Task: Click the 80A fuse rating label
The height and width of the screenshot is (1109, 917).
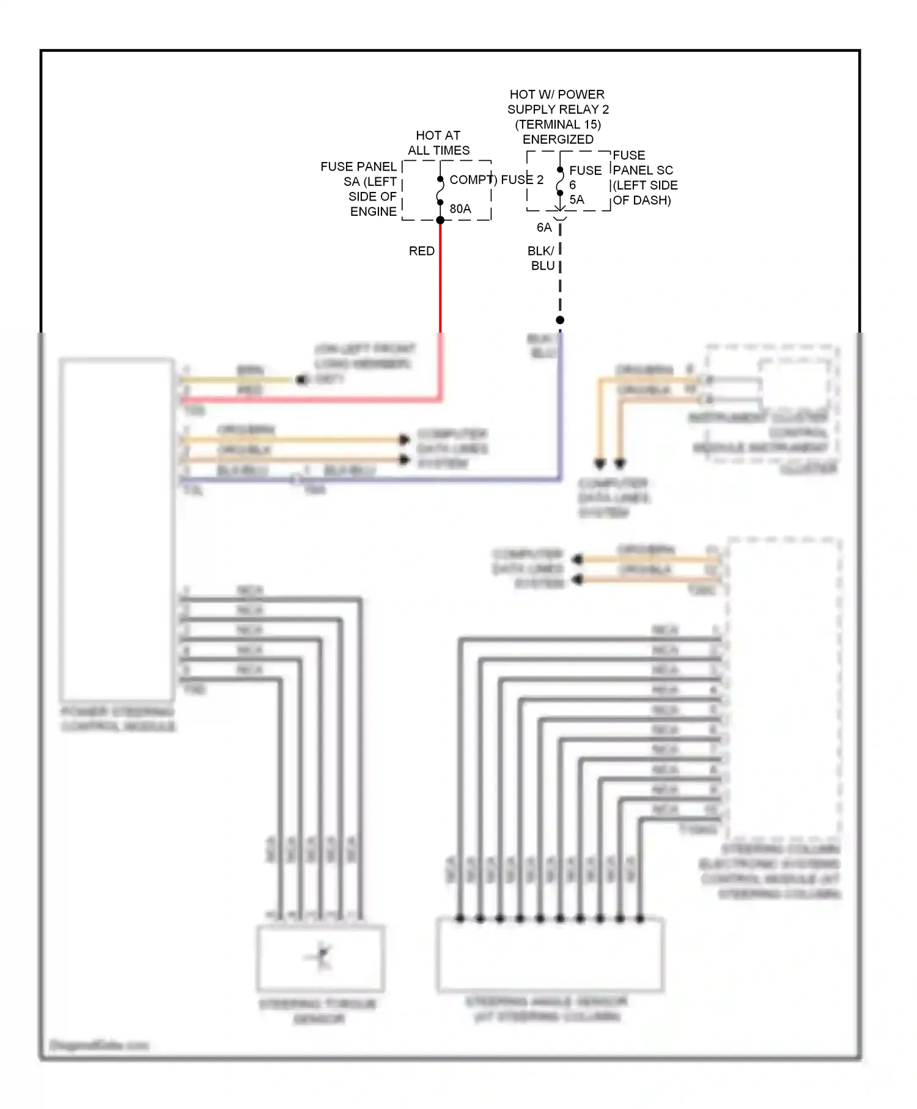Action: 460,209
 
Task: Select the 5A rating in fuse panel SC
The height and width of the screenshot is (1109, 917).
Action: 576,200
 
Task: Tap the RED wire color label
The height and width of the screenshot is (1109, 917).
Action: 421,251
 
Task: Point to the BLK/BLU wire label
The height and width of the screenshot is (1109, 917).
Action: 542,259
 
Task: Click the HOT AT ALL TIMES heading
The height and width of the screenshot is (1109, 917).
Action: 438,143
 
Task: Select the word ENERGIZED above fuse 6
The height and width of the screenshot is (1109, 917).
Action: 558,139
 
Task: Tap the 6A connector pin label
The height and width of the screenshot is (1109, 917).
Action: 543,227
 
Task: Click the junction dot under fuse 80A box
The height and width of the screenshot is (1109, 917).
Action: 440,220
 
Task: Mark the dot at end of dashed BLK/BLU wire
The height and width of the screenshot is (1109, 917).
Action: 560,320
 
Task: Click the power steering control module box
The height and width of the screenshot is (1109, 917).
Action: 117,529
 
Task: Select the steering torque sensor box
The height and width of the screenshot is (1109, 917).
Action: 320,958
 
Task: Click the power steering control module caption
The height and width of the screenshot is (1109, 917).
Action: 118,720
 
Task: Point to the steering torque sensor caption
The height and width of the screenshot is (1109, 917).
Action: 319,1011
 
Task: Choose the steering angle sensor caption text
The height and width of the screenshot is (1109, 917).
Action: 547,1009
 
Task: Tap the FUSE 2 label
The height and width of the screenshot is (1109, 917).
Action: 521,180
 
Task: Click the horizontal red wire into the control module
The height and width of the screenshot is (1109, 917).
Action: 306,400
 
